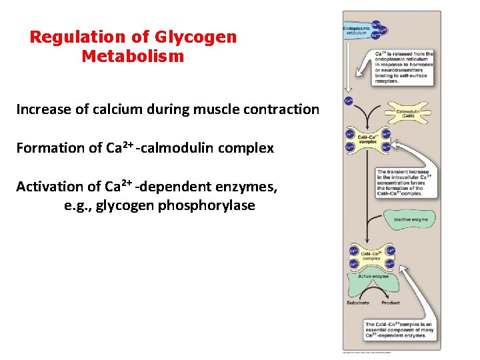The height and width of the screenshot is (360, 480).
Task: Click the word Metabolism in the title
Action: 133,57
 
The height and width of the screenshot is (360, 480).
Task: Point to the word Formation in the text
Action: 49,148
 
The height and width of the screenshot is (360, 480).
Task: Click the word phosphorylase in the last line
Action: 207,205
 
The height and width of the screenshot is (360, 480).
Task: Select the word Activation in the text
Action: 50,187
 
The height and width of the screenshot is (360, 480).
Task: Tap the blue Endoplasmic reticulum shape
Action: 360,31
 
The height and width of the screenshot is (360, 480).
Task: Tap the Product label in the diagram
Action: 390,303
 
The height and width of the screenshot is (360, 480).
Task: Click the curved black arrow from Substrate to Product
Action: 373,291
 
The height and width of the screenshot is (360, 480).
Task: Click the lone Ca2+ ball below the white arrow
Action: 349,102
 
